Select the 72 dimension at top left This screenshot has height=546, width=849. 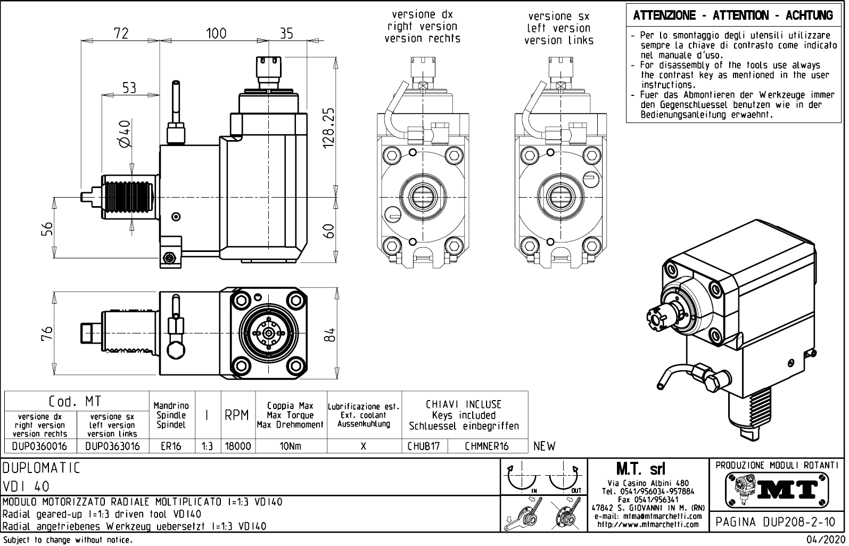point(121,33)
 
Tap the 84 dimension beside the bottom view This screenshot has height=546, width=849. point(331,335)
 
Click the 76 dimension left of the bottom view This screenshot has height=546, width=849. point(47,335)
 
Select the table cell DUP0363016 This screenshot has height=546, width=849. point(112,446)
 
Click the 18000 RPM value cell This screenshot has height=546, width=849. point(238,446)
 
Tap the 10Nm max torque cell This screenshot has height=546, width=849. point(290,446)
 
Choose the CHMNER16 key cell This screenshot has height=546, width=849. point(487,446)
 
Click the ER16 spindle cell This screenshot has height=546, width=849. point(171,446)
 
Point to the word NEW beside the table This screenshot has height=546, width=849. point(545,446)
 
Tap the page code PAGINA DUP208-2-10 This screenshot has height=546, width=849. point(777,522)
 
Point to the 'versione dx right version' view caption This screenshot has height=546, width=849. point(422,26)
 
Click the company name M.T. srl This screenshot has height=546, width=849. point(648,469)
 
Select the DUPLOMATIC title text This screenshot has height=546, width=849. point(42,468)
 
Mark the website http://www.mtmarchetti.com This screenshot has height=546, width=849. point(648,525)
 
